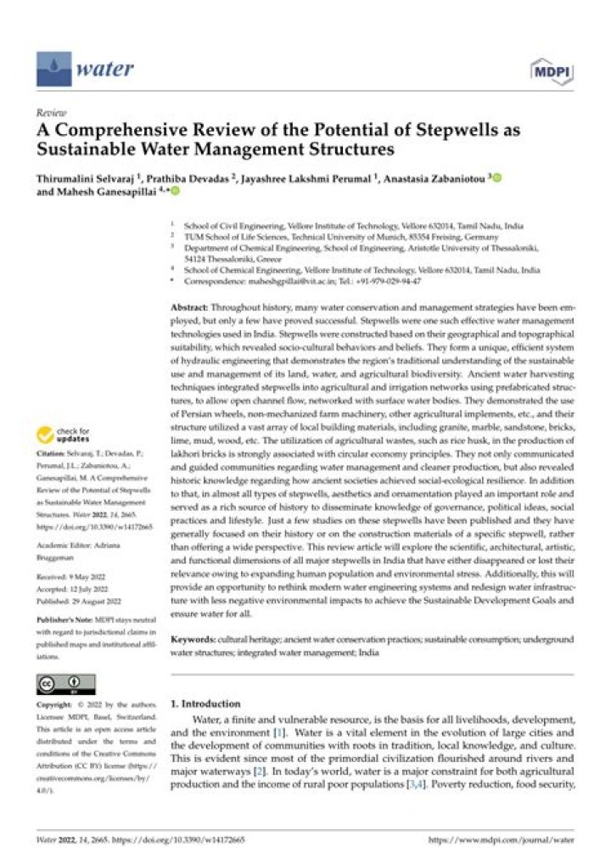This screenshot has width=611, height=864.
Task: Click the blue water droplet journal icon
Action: pos(52,67)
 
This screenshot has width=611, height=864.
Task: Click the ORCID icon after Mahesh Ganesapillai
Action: pos(176,193)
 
